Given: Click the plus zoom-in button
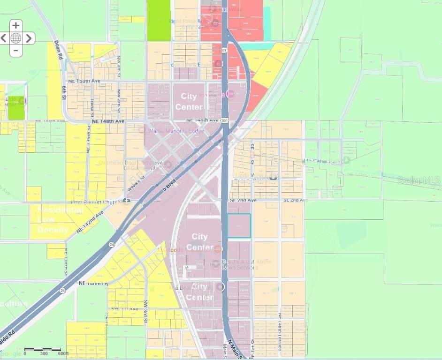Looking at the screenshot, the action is click(x=16, y=26).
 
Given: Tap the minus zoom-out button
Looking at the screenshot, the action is click(x=16, y=50).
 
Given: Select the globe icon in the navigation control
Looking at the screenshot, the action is click(x=16, y=38).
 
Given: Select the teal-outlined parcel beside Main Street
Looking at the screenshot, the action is click(x=239, y=225).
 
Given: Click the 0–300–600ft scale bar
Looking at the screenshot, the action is click(x=43, y=350).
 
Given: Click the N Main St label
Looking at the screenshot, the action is click(x=233, y=349).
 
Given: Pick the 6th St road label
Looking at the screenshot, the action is click(x=64, y=93).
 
